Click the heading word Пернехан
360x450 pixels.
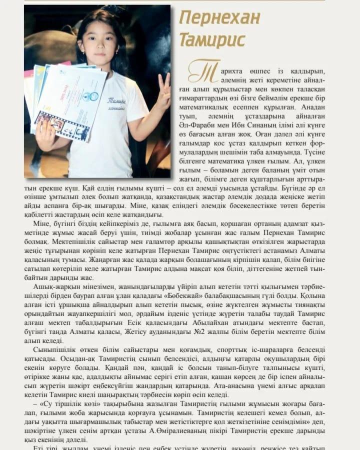[220, 18]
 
